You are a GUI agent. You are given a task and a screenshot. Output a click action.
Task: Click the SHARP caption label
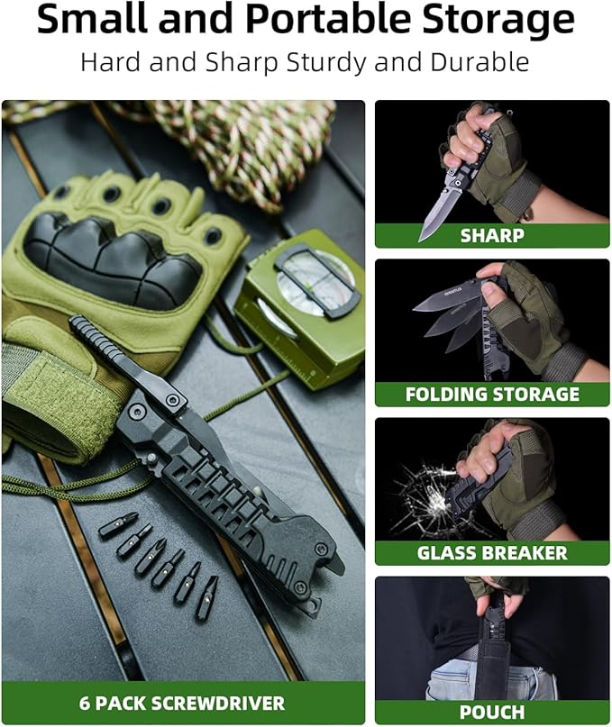tap(492, 236)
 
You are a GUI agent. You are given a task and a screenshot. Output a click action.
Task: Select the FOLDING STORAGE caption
tap(492, 395)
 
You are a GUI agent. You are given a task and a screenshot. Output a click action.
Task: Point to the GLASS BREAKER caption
tap(492, 553)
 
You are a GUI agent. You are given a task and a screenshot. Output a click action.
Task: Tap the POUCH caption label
tap(492, 712)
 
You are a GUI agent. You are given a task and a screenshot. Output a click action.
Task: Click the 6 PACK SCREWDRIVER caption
tap(183, 704)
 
